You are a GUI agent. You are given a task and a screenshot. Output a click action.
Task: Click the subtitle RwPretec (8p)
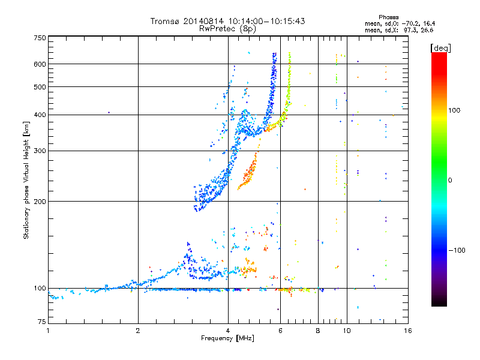227,29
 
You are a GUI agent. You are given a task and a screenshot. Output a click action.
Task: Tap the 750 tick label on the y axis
40,38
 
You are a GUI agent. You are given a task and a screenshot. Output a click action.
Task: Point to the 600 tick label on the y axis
40,64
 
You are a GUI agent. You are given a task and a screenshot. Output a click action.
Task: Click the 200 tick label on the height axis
40,202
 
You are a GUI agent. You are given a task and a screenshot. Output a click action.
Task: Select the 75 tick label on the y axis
42,322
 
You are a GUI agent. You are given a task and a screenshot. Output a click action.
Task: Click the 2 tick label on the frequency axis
138,331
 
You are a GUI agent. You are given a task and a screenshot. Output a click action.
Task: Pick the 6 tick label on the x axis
280,331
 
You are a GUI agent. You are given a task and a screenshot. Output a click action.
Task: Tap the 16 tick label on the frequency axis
408,331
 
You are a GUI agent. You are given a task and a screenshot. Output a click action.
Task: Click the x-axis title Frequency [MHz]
227,338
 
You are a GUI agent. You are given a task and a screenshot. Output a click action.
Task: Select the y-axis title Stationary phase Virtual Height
26,191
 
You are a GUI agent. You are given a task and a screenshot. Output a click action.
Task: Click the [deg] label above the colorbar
440,49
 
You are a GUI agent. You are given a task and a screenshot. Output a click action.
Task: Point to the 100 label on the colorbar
454,110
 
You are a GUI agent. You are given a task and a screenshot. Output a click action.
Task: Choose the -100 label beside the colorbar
457,250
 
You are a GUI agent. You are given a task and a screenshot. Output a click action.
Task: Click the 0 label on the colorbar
450,181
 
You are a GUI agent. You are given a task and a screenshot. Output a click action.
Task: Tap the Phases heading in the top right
388,17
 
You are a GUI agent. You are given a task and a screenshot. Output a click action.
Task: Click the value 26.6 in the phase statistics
427,31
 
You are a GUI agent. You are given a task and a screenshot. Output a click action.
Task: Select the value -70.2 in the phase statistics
411,24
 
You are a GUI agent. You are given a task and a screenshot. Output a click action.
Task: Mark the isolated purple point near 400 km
109,113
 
